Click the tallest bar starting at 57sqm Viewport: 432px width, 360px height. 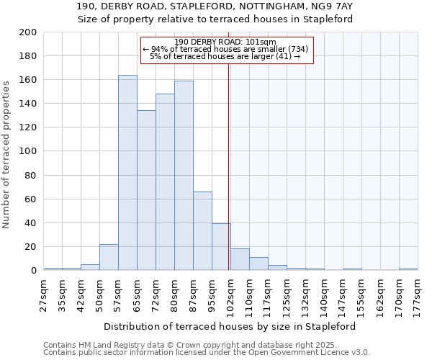[127, 173]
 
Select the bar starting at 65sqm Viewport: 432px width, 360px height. [146, 191]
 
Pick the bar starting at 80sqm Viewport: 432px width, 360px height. [184, 176]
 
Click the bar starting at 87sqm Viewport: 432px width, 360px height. [202, 231]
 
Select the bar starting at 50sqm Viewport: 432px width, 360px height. [109, 257]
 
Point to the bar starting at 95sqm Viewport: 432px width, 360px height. [221, 247]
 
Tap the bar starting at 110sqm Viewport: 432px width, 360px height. [258, 264]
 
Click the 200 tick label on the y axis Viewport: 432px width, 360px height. [28, 32]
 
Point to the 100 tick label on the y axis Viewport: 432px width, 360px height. [28, 151]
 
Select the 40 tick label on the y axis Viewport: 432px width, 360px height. [31, 222]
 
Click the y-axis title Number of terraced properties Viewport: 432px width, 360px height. [6, 154]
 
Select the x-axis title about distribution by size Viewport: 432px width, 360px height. [230, 326]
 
